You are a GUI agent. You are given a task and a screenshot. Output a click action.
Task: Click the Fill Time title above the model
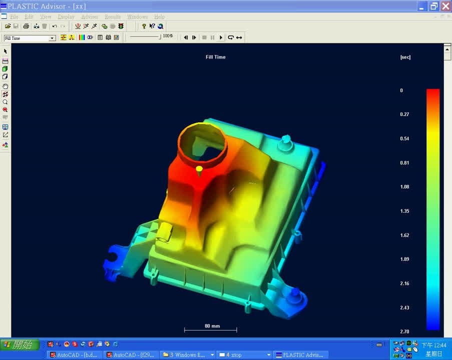[216, 57]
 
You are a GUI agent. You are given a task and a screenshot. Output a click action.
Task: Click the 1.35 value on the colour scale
[404, 211]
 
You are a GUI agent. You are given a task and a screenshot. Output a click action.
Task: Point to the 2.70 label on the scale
[404, 331]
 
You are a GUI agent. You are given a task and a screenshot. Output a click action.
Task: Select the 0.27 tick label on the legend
[404, 114]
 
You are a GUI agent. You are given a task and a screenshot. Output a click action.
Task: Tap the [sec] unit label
[405, 57]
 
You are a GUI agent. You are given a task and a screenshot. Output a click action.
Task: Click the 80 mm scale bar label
[212, 326]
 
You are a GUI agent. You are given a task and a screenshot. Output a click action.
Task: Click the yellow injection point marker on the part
[199, 169]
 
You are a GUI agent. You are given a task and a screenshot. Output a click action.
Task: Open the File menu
[14, 17]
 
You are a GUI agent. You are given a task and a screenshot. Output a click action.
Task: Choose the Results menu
[113, 17]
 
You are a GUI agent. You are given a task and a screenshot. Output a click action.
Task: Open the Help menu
[159, 17]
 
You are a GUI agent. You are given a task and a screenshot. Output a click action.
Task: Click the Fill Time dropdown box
[30, 38]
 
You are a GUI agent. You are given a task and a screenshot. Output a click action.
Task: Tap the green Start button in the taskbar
[20, 345]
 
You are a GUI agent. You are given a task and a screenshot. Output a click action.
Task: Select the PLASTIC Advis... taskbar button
[299, 355]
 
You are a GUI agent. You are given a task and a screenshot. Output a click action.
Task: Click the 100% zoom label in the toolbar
[168, 36]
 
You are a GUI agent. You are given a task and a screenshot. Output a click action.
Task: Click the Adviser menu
[90, 17]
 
